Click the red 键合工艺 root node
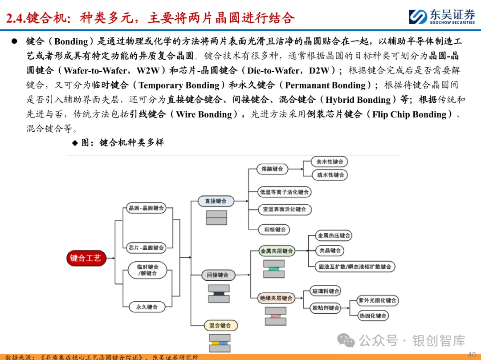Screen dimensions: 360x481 tap(86, 258)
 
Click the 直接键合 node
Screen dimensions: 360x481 tap(216, 201)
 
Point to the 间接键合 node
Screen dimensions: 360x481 tap(217, 275)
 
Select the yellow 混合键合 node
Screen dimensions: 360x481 tap(220, 326)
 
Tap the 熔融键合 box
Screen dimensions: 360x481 tap(272, 169)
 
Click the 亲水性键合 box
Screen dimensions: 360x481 tap(330, 162)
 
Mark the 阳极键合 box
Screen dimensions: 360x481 tap(274, 230)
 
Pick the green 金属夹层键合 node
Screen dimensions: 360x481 tap(277, 251)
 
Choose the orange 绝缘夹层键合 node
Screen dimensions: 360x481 tap(277, 298)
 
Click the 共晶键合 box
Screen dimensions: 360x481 tap(330, 251)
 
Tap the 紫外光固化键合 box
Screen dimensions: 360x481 tap(378, 301)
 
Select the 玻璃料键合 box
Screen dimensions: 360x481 tap(325, 291)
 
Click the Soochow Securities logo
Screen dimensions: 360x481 tap(442, 16)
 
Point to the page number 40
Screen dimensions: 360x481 tap(472, 354)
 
